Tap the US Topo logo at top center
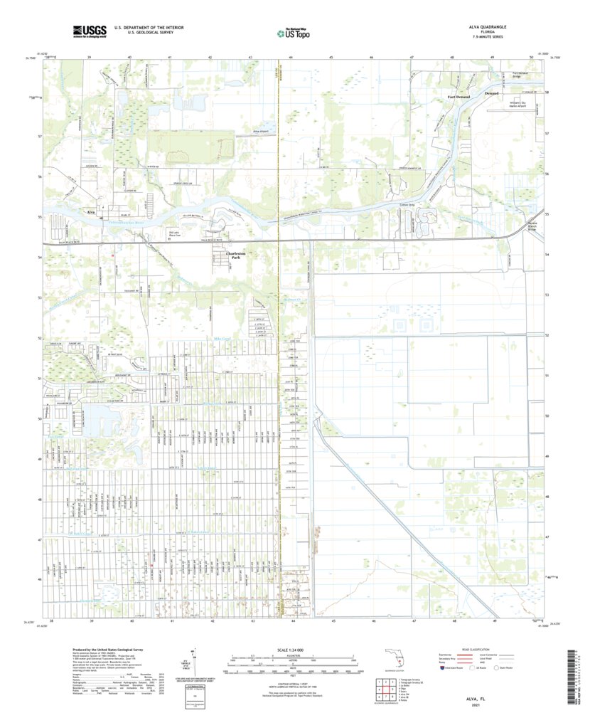tap(294, 32)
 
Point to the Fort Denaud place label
tap(458, 96)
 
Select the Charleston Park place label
tap(235, 255)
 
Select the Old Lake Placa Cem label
tap(176, 233)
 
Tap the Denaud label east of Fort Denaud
tap(492, 93)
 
